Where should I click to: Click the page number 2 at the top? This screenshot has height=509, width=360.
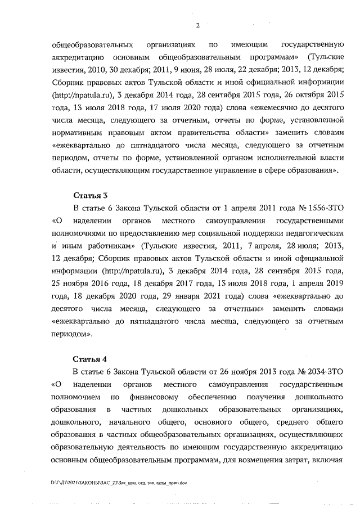197,24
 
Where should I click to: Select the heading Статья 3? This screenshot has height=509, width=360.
91,196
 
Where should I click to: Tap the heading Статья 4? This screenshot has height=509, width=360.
91,358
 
